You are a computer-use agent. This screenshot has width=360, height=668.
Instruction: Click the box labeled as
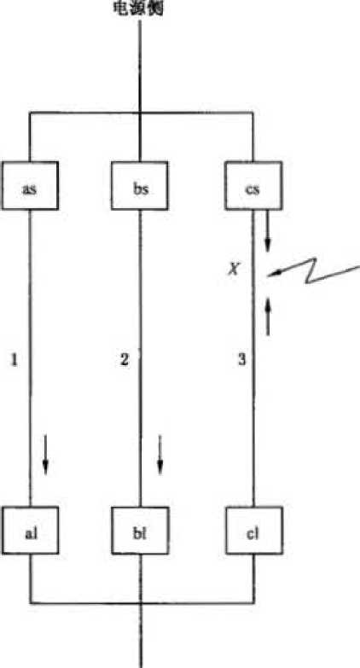29,185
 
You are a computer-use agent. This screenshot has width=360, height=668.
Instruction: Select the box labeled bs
140,185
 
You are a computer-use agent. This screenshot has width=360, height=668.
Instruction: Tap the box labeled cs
253,185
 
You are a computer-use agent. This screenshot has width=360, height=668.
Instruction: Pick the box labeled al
30,530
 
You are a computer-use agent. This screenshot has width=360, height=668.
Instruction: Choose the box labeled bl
140,530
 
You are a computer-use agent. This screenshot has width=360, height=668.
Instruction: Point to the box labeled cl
254,530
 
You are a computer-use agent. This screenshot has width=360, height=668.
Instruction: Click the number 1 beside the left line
14,360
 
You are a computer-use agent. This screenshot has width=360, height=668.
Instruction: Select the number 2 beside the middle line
124,360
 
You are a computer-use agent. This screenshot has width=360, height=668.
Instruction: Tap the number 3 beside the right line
241,360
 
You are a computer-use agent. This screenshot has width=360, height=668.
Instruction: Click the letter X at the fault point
232,269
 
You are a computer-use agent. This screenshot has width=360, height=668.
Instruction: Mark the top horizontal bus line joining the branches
141,113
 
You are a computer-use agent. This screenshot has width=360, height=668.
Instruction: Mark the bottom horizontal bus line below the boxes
142,602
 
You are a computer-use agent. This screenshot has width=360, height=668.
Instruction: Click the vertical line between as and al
30,357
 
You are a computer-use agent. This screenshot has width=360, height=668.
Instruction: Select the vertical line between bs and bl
140,357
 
